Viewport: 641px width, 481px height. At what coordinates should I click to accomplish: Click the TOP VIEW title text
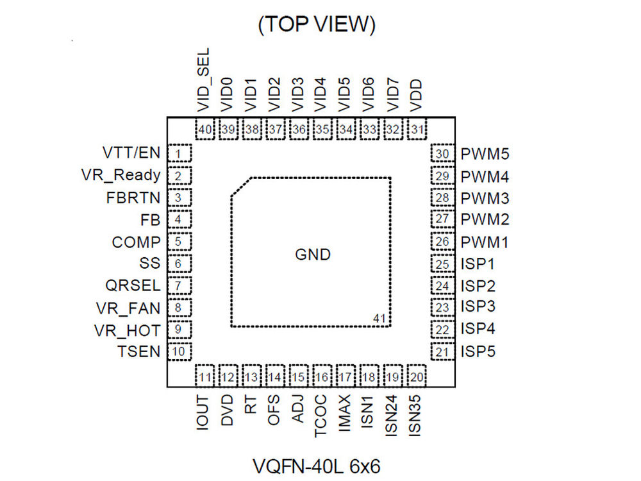pyautogui.click(x=316, y=24)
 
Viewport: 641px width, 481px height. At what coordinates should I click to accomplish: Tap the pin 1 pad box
pyautogui.click(x=180, y=154)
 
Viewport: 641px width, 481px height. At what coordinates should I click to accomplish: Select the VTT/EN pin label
pyautogui.click(x=131, y=153)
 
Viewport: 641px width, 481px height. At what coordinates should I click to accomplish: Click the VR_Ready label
pyautogui.click(x=121, y=175)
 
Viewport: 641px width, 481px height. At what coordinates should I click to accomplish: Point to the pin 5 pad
pyautogui.click(x=180, y=242)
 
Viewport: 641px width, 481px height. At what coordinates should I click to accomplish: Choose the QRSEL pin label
pyautogui.click(x=133, y=285)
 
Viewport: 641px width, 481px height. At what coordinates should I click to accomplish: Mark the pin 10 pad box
pyautogui.click(x=180, y=351)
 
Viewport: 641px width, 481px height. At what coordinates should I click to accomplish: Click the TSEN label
pyautogui.click(x=138, y=351)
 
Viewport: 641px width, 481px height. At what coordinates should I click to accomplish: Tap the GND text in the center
pyautogui.click(x=313, y=255)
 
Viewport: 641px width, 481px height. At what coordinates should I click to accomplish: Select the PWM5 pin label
pyautogui.click(x=485, y=155)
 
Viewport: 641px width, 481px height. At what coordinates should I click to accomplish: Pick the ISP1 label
pyautogui.click(x=478, y=264)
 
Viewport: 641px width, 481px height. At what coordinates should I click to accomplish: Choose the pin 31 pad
pyautogui.click(x=418, y=129)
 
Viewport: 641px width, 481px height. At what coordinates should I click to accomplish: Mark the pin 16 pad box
pyautogui.click(x=322, y=376)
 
